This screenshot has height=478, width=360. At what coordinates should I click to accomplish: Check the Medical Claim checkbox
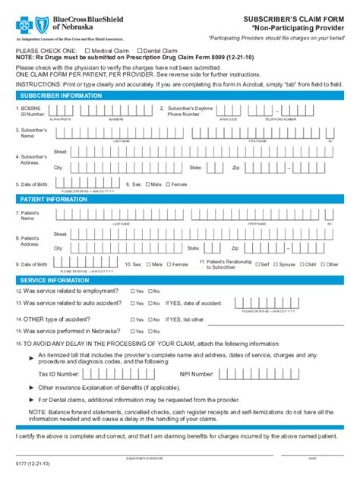pyautogui.click(x=87, y=51)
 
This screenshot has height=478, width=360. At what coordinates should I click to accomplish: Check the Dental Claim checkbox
pyautogui.click(x=138, y=51)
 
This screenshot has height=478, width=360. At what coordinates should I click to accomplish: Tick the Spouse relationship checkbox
pyautogui.click(x=276, y=265)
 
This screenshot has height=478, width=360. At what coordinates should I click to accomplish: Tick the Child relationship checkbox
pyautogui.click(x=301, y=265)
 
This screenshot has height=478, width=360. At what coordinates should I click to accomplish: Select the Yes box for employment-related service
pyautogui.click(x=132, y=291)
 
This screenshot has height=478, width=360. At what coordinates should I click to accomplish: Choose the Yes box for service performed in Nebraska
pyautogui.click(x=132, y=332)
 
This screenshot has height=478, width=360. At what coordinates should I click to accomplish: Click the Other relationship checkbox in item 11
pyautogui.click(x=323, y=265)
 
